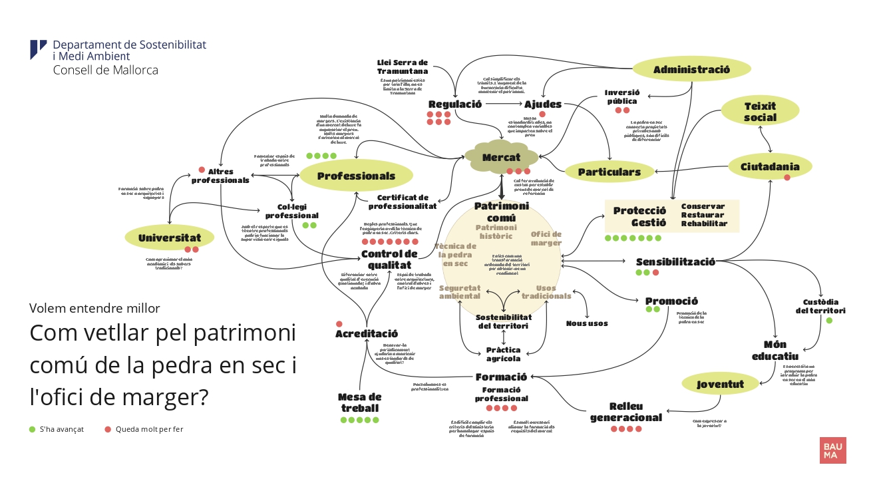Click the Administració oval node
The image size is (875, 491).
pos(691,69)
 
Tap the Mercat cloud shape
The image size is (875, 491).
pos(501,157)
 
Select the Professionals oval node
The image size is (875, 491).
pos(356,176)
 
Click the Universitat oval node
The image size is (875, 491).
pos(169,238)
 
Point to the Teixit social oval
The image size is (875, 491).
pos(760,112)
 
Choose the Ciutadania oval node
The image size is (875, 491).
pos(770,166)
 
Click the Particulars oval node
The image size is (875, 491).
pos(609,172)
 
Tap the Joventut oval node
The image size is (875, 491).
pos(720,384)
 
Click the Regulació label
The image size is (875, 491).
pos(455,104)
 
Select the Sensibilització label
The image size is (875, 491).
pos(675,261)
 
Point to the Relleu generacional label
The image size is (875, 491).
pos(626,412)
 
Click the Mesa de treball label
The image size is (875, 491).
pos(360,403)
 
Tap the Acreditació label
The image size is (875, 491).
pos(367,333)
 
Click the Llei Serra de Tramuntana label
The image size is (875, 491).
pos(403,67)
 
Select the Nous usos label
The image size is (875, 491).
pos(587,323)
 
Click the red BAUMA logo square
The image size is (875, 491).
pos(832,450)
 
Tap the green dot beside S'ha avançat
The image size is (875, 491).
pos(33,429)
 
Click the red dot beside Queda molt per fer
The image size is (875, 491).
pos(108,429)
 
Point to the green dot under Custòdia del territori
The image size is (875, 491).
pos(829,321)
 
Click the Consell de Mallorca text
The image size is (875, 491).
pos(105,70)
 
